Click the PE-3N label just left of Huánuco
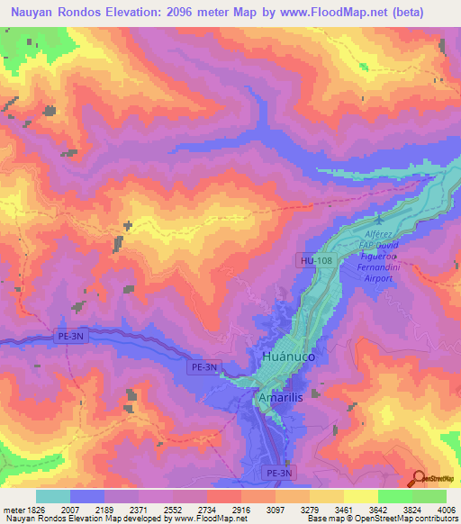(x=204, y=366)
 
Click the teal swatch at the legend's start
(x=53, y=496)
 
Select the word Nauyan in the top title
(x=29, y=14)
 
